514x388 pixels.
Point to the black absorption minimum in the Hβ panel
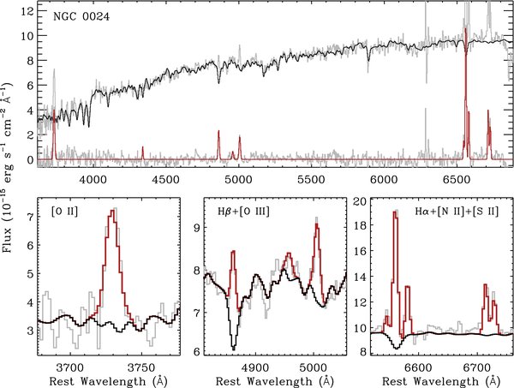coord(233,348)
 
